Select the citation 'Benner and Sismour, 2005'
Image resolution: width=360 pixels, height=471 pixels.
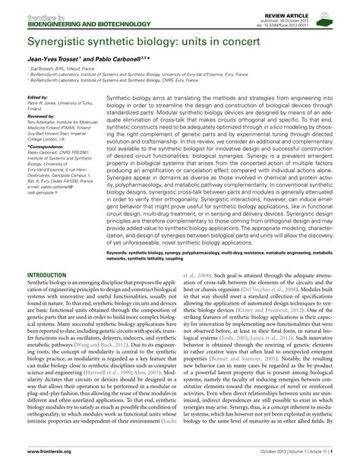270,387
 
